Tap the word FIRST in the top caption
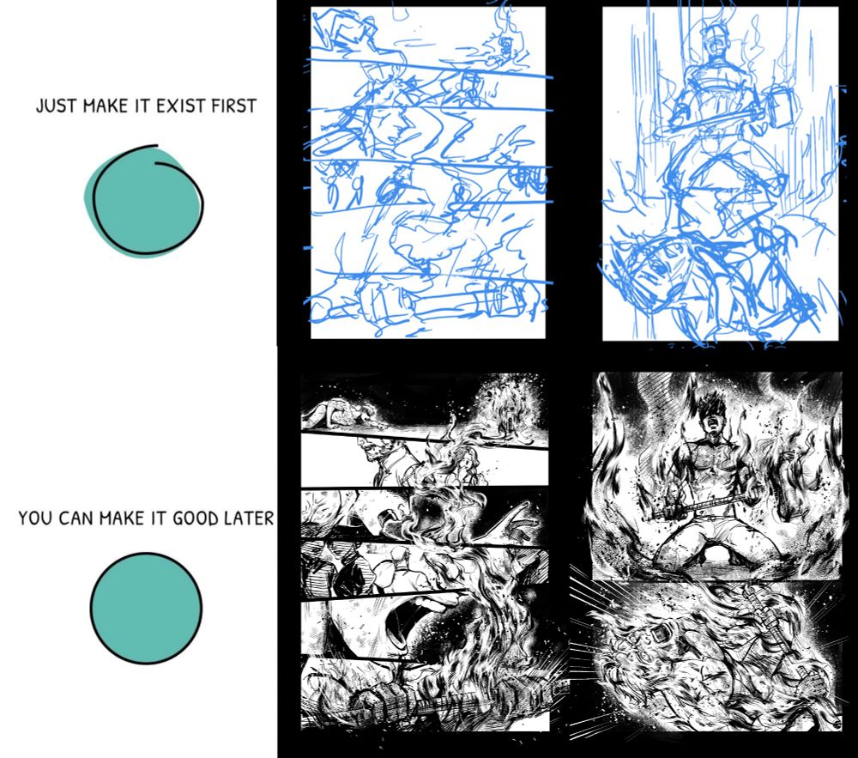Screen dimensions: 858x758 pyautogui.click(x=234, y=106)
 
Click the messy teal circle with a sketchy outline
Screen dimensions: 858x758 pyautogui.click(x=144, y=201)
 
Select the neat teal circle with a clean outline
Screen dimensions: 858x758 pyautogui.click(x=146, y=608)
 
